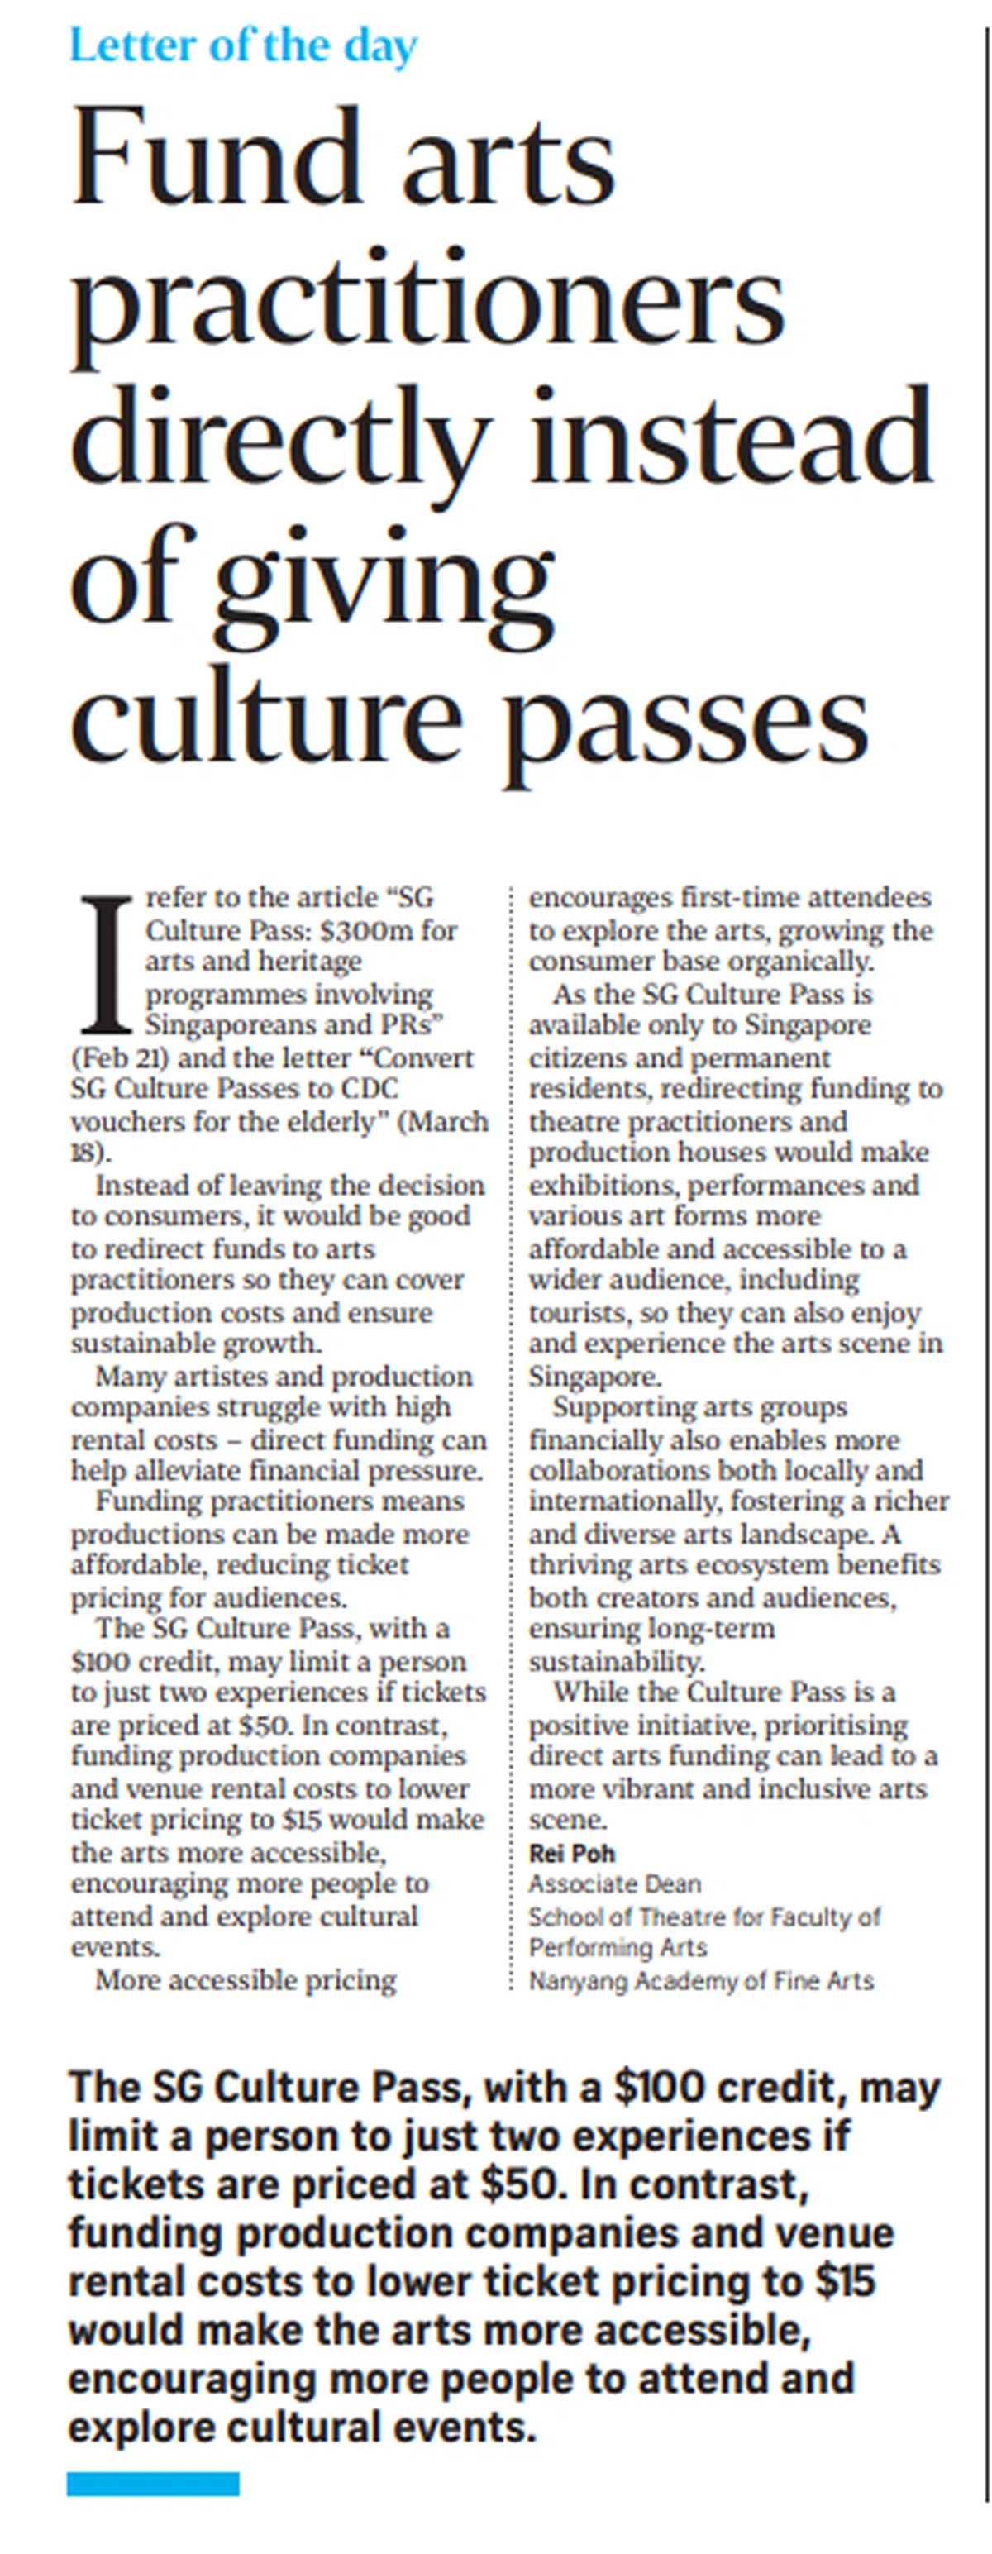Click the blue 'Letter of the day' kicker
point(243,45)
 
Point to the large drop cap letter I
point(105,962)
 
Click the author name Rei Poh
point(572,1852)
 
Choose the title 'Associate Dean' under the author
point(614,1883)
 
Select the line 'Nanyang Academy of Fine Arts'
point(701,1980)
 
